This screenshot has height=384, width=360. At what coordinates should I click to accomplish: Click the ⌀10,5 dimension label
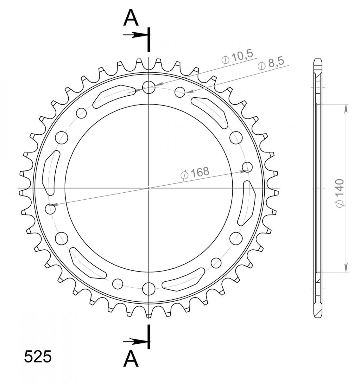pyautogui.click(x=237, y=57)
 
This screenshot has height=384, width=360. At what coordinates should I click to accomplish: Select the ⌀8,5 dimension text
pyautogui.click(x=271, y=64)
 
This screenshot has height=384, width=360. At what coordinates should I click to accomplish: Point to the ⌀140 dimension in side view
pyautogui.click(x=340, y=193)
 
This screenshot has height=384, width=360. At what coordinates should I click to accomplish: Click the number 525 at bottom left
pyautogui.click(x=38, y=357)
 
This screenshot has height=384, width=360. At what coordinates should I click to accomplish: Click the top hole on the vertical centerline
pyautogui.click(x=148, y=87)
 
